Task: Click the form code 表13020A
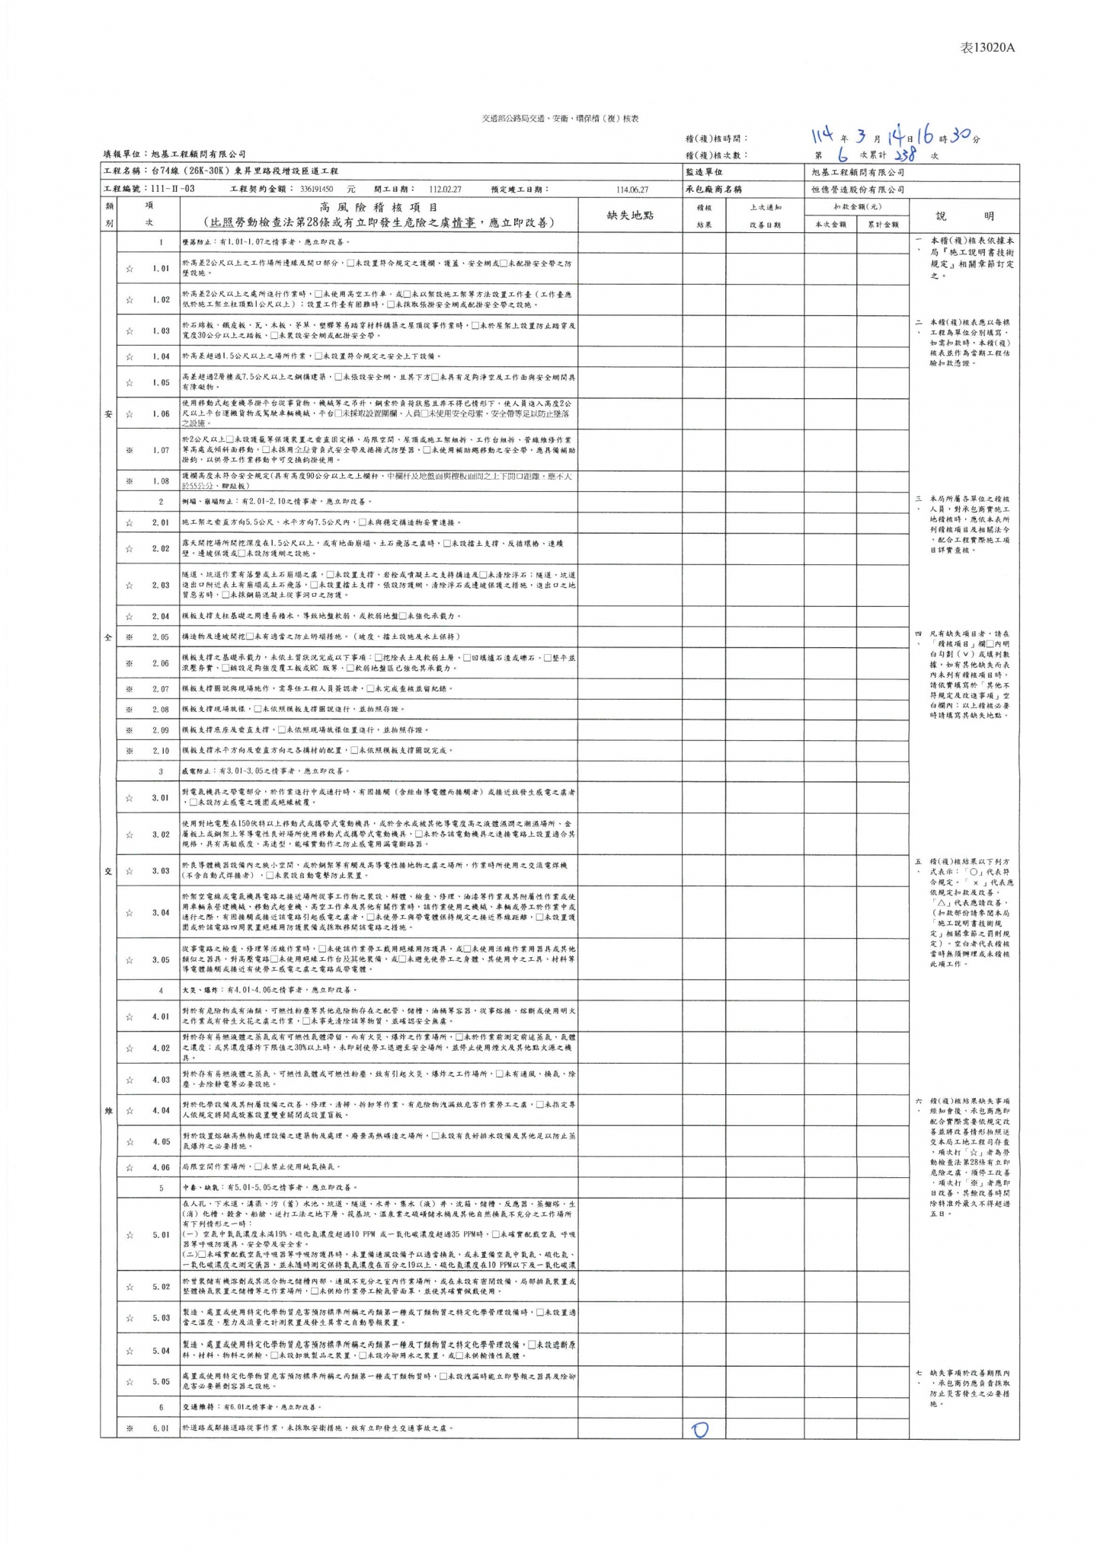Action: (x=987, y=47)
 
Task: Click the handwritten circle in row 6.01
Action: (x=699, y=1429)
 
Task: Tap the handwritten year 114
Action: (x=822, y=136)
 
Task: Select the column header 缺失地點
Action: (x=629, y=215)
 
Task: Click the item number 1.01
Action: (x=161, y=268)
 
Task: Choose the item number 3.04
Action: (x=161, y=912)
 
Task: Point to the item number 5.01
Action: (x=161, y=1235)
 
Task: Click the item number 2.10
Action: (x=161, y=751)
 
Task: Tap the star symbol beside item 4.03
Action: (x=130, y=1080)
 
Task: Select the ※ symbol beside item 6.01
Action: (x=130, y=1428)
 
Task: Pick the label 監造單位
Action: (x=704, y=172)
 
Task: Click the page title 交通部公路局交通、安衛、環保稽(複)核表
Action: (x=560, y=119)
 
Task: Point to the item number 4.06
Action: (x=161, y=1167)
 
